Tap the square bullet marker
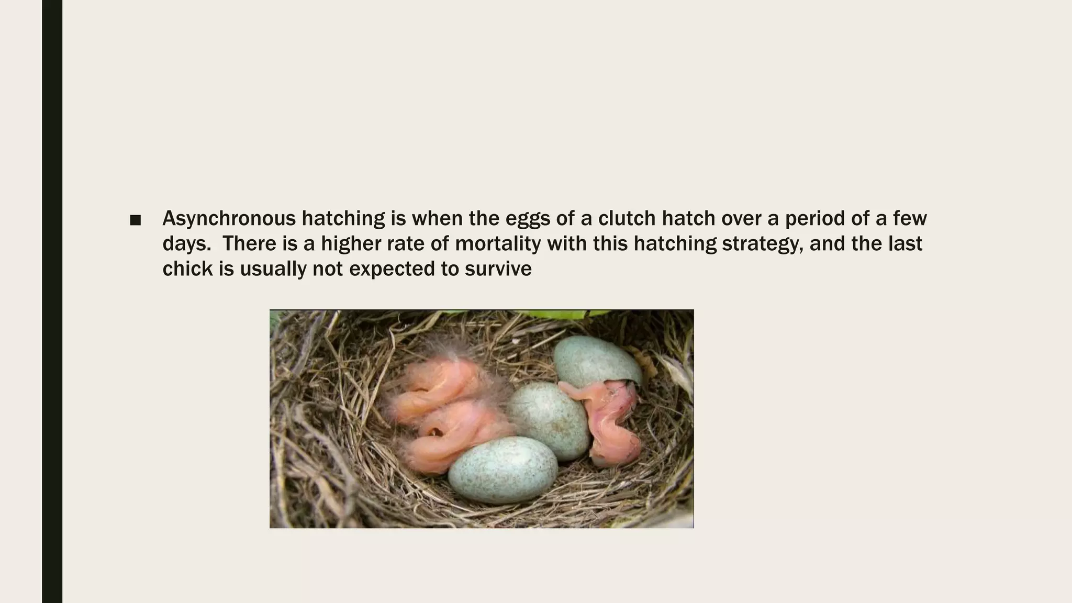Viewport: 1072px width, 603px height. coord(135,220)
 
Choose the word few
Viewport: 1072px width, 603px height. coord(910,218)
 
